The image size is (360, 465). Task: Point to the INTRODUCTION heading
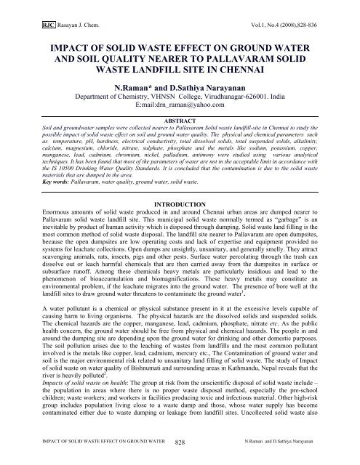click(180, 216)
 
